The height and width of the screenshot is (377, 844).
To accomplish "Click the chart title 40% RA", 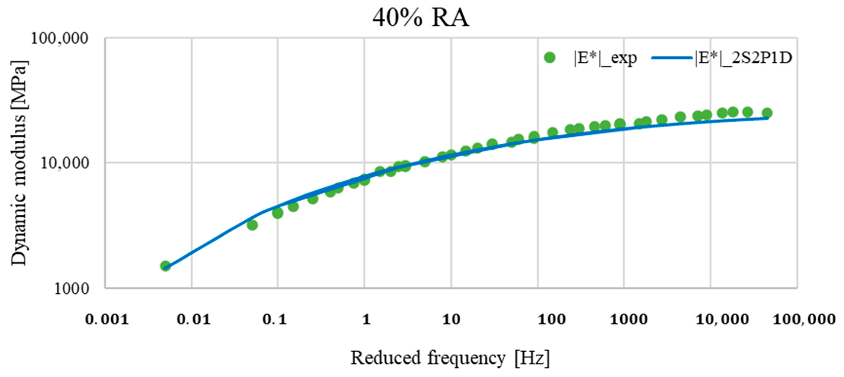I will (x=421, y=18).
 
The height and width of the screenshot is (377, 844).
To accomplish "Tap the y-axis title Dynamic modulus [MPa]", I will (x=19, y=163).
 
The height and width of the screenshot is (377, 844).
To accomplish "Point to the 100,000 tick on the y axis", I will (x=60, y=39).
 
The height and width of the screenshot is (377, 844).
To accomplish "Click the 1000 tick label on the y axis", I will (x=71, y=289).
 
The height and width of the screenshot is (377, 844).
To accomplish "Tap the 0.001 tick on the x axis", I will (x=107, y=319).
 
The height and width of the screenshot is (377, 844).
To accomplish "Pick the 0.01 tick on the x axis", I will (x=193, y=319).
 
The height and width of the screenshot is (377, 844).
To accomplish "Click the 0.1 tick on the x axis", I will (x=275, y=319).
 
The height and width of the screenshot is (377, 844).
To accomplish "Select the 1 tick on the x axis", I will (x=366, y=319).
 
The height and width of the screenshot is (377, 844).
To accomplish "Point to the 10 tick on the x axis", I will (x=451, y=319).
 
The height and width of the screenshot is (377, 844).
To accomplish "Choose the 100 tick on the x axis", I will (x=552, y=319).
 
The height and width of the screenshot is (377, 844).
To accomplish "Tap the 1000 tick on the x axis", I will (x=628, y=319).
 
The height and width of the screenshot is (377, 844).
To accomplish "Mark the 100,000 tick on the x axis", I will (x=804, y=319).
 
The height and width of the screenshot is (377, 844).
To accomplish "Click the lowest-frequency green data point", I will (x=165, y=266).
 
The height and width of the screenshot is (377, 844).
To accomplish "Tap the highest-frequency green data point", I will (x=767, y=113).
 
